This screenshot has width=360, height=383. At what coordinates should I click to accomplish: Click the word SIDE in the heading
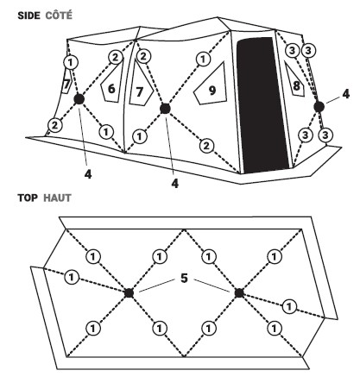28,16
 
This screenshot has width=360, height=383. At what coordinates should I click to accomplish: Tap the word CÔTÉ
59,15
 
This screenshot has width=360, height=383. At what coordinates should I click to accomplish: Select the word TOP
28,198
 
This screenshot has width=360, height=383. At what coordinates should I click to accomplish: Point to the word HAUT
57,198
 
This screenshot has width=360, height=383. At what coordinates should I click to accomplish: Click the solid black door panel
262,105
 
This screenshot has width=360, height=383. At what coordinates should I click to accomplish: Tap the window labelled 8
294,82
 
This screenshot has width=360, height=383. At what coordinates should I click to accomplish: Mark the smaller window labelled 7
66,84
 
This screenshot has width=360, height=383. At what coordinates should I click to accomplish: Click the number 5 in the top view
184,279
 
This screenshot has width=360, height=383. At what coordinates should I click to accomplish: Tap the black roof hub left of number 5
129,293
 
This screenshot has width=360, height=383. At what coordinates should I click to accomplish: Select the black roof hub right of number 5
239,293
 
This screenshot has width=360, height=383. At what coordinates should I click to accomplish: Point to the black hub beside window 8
319,107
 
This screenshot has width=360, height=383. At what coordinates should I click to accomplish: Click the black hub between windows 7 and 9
165,109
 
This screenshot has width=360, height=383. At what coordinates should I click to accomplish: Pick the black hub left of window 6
79,99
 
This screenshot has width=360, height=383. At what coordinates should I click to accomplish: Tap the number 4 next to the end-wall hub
345,94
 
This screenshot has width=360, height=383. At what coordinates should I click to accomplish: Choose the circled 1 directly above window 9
203,60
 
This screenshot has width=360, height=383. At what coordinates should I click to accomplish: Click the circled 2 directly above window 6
116,57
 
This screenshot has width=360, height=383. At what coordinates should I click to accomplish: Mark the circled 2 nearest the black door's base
206,147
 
